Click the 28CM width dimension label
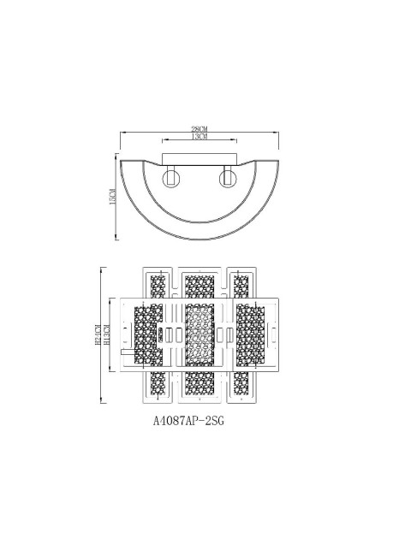point(199,128)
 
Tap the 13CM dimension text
point(199,137)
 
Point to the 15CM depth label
point(112,198)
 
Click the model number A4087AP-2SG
point(193,421)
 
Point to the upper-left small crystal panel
point(157,286)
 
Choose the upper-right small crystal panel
point(241,286)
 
